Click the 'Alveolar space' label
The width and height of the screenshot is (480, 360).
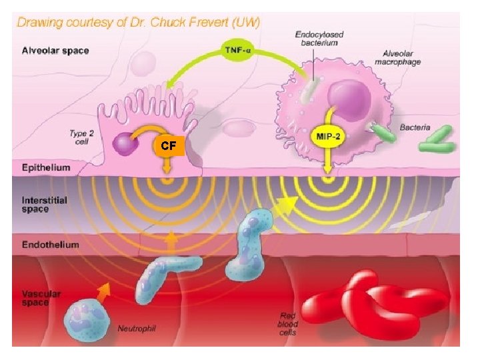pos(55,50)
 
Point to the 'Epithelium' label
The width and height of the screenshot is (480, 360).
pos(46,167)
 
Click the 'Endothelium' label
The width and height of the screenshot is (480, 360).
pos(50,245)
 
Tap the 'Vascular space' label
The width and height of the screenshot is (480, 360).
pos(41,298)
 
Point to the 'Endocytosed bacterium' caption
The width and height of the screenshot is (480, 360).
pos(318,38)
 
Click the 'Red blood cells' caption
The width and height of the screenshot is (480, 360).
pos(288,323)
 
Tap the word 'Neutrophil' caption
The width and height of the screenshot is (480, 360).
pos(136,328)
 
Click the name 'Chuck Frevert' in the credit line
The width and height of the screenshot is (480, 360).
pos(161,21)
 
